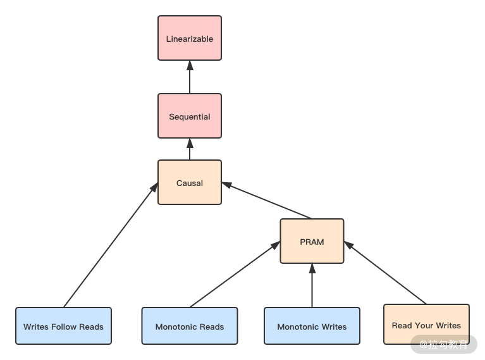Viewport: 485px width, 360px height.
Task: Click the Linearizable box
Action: [190, 39]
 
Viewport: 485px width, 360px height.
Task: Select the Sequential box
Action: [190, 116]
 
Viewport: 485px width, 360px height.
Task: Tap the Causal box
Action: [190, 183]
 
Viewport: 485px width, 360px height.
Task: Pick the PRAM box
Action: [312, 242]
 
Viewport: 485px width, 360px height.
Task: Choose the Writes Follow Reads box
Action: [63, 326]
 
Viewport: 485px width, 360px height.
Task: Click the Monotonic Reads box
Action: [190, 326]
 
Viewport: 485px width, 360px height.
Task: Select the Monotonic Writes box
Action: [312, 326]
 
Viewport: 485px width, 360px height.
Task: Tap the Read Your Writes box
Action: [426, 325]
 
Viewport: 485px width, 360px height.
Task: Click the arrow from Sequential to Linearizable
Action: [190, 77]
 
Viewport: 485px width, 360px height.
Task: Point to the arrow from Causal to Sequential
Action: [190, 149]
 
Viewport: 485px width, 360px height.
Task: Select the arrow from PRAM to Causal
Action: [267, 201]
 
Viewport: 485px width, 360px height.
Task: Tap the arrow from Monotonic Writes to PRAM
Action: [312, 285]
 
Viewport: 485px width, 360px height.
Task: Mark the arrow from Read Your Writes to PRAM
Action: [385, 273]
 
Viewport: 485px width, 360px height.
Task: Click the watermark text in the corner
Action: [444, 345]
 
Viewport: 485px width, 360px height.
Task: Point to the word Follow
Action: [64, 326]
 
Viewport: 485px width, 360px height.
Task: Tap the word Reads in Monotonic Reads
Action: [212, 326]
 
